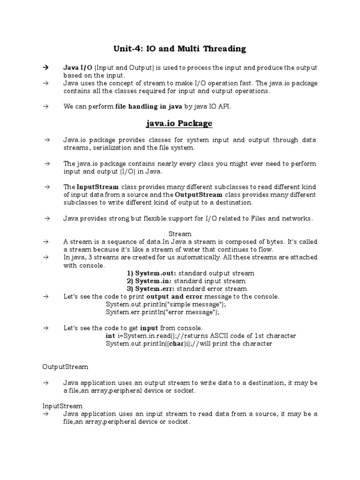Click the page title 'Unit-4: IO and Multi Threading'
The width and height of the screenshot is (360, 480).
180,48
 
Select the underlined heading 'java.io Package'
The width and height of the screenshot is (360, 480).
180,123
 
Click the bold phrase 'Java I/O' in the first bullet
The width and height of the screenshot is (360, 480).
75,67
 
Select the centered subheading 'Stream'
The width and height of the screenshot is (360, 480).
180,233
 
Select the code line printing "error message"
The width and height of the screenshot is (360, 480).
162,312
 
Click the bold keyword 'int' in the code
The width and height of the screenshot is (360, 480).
110,336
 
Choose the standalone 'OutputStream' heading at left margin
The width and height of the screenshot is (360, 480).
65,367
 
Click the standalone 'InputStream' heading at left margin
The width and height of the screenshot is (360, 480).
62,406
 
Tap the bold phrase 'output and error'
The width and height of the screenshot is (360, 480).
174,297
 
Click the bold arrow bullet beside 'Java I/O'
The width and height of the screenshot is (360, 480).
46,67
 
